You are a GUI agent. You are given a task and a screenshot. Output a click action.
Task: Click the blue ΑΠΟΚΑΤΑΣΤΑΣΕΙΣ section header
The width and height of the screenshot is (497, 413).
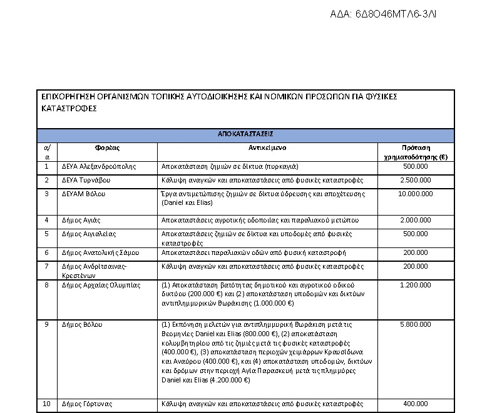tap(245, 134)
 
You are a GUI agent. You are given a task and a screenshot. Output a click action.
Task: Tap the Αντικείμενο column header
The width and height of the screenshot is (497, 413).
tap(267, 147)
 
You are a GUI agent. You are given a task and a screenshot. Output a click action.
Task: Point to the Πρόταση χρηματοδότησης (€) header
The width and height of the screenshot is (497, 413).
tap(416, 152)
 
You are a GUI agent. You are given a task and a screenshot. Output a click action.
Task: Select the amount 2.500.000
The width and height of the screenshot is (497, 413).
tap(416, 180)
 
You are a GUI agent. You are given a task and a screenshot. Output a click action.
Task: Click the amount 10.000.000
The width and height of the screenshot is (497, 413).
tap(416, 194)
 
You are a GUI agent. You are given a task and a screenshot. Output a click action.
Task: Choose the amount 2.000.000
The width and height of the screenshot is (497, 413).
tap(416, 220)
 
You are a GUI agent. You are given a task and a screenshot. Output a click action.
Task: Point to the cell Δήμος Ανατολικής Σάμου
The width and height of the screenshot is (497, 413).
tap(100, 252)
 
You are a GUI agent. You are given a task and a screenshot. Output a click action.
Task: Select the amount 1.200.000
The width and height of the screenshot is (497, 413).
tap(416, 285)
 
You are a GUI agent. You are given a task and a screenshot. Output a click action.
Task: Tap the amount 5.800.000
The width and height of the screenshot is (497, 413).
tap(416, 325)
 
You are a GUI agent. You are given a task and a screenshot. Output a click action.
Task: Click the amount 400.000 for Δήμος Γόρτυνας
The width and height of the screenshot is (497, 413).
tap(416, 403)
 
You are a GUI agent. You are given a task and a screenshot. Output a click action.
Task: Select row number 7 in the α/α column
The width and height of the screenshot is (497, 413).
tap(46, 266)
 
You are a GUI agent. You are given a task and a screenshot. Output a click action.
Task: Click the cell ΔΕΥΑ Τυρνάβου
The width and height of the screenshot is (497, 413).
tap(86, 180)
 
